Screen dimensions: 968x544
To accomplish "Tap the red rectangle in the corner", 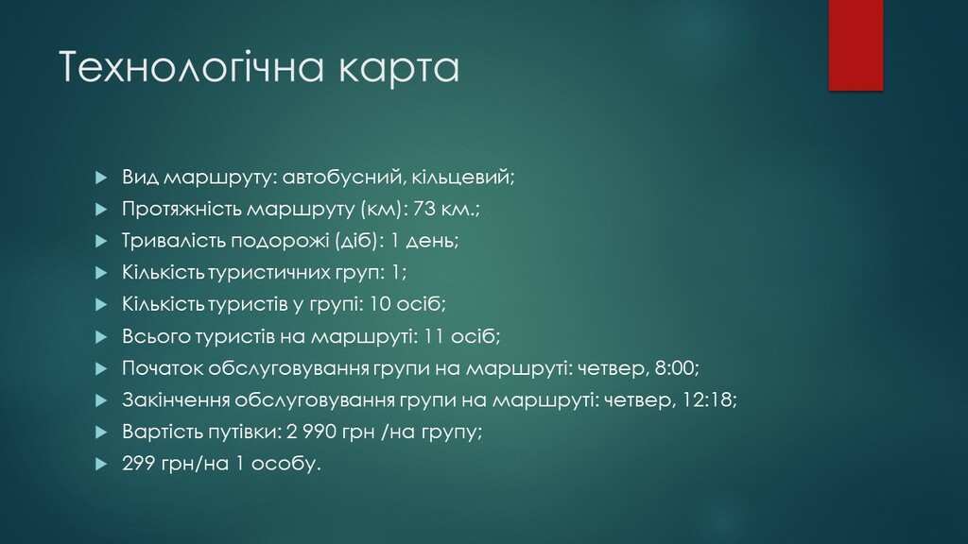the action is click(x=856, y=45).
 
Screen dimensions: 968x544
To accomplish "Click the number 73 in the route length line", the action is click(x=424, y=209).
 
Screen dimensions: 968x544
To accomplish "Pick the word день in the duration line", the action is click(x=432, y=241).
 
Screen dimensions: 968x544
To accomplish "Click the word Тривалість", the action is click(x=174, y=241).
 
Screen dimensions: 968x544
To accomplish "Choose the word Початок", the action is click(x=163, y=368).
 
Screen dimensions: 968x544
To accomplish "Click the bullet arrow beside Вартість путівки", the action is click(x=101, y=433).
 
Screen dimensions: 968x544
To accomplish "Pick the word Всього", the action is click(x=156, y=337).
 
